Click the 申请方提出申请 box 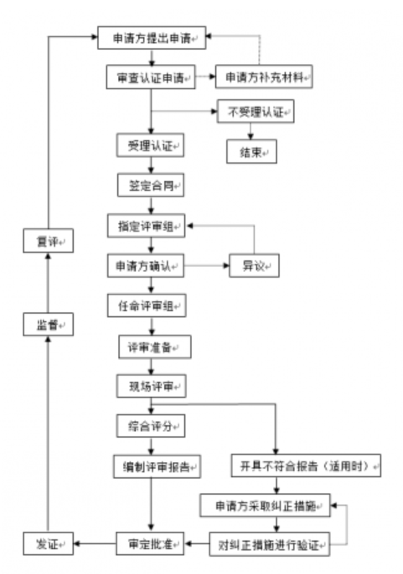pos(152,38)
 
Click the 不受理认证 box pos(254,112)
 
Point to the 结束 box pos(250,151)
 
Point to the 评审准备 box pos(154,348)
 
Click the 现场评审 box pos(152,387)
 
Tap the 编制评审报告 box pos(157,466)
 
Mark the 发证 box pos(48,544)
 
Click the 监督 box pos(48,324)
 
